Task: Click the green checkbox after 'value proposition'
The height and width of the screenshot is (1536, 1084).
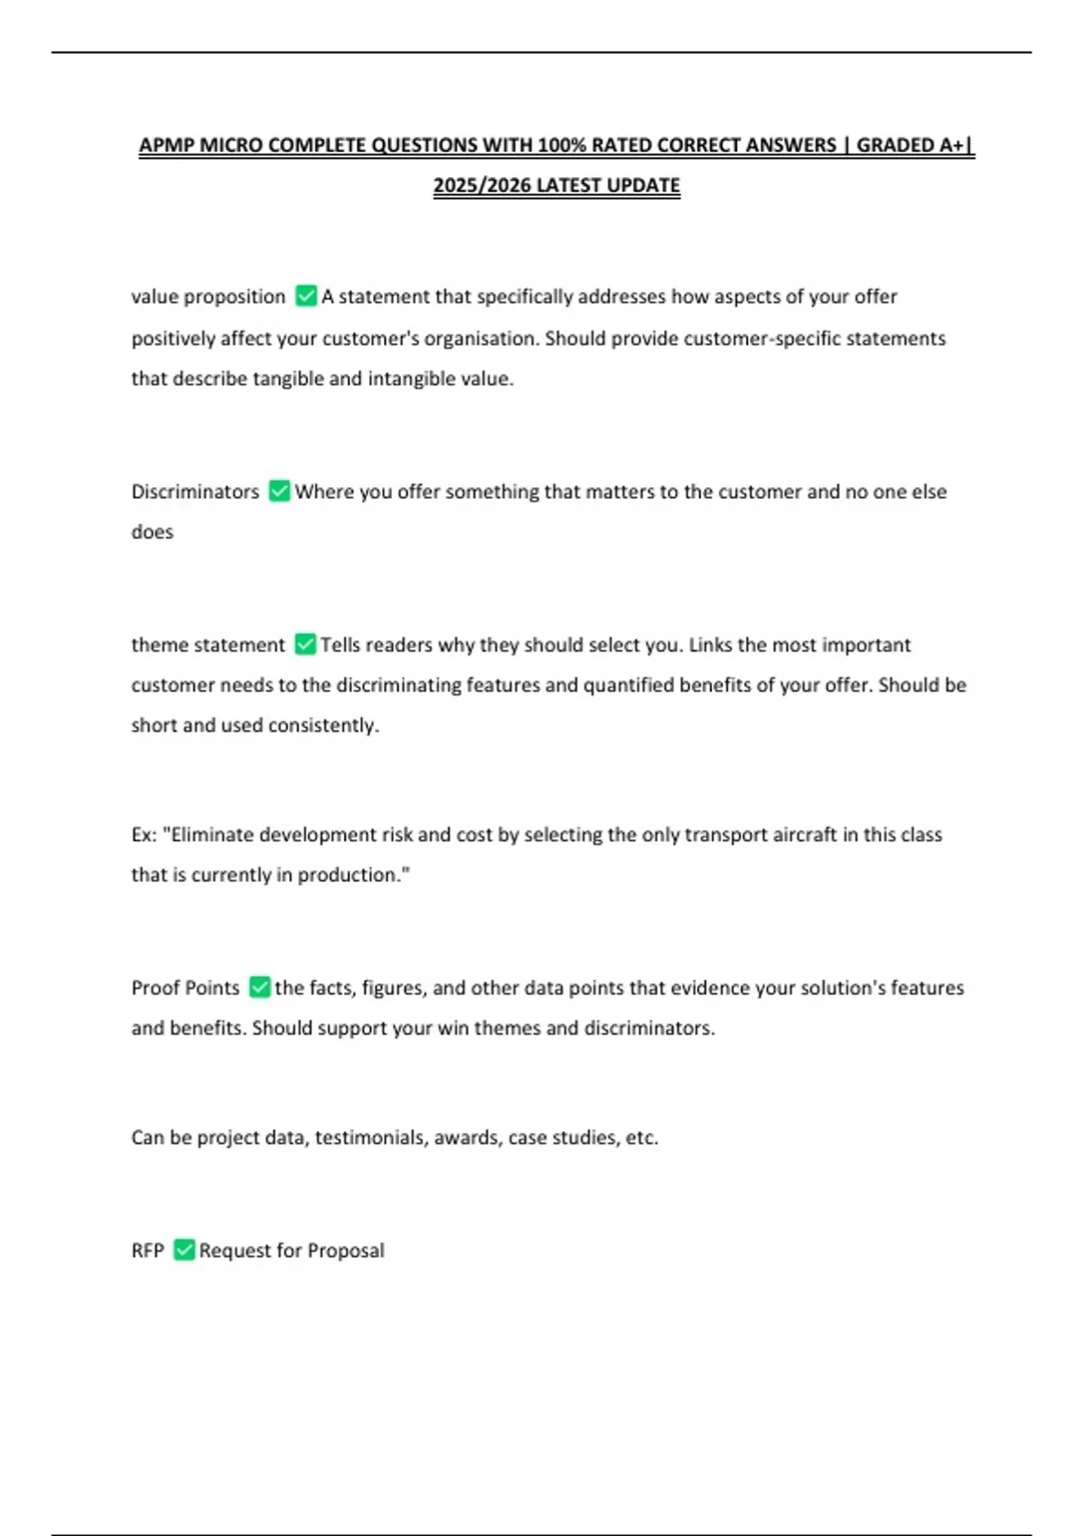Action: [x=306, y=296]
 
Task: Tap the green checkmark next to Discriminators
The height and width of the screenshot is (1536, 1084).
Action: [x=280, y=491]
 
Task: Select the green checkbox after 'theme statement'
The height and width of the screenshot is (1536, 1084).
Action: [x=305, y=644]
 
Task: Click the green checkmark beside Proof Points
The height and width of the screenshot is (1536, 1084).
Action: [x=260, y=987]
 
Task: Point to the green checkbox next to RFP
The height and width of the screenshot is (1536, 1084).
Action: [x=184, y=1250]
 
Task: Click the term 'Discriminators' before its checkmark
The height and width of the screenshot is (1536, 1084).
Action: [x=195, y=492]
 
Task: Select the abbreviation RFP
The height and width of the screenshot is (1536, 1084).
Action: [x=147, y=1250]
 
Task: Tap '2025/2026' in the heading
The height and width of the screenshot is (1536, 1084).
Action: [x=481, y=185]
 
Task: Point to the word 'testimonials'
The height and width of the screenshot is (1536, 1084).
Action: [x=370, y=1138]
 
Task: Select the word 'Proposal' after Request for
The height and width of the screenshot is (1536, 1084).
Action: [x=346, y=1250]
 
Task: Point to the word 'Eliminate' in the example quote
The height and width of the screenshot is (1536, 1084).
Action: [x=211, y=835]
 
